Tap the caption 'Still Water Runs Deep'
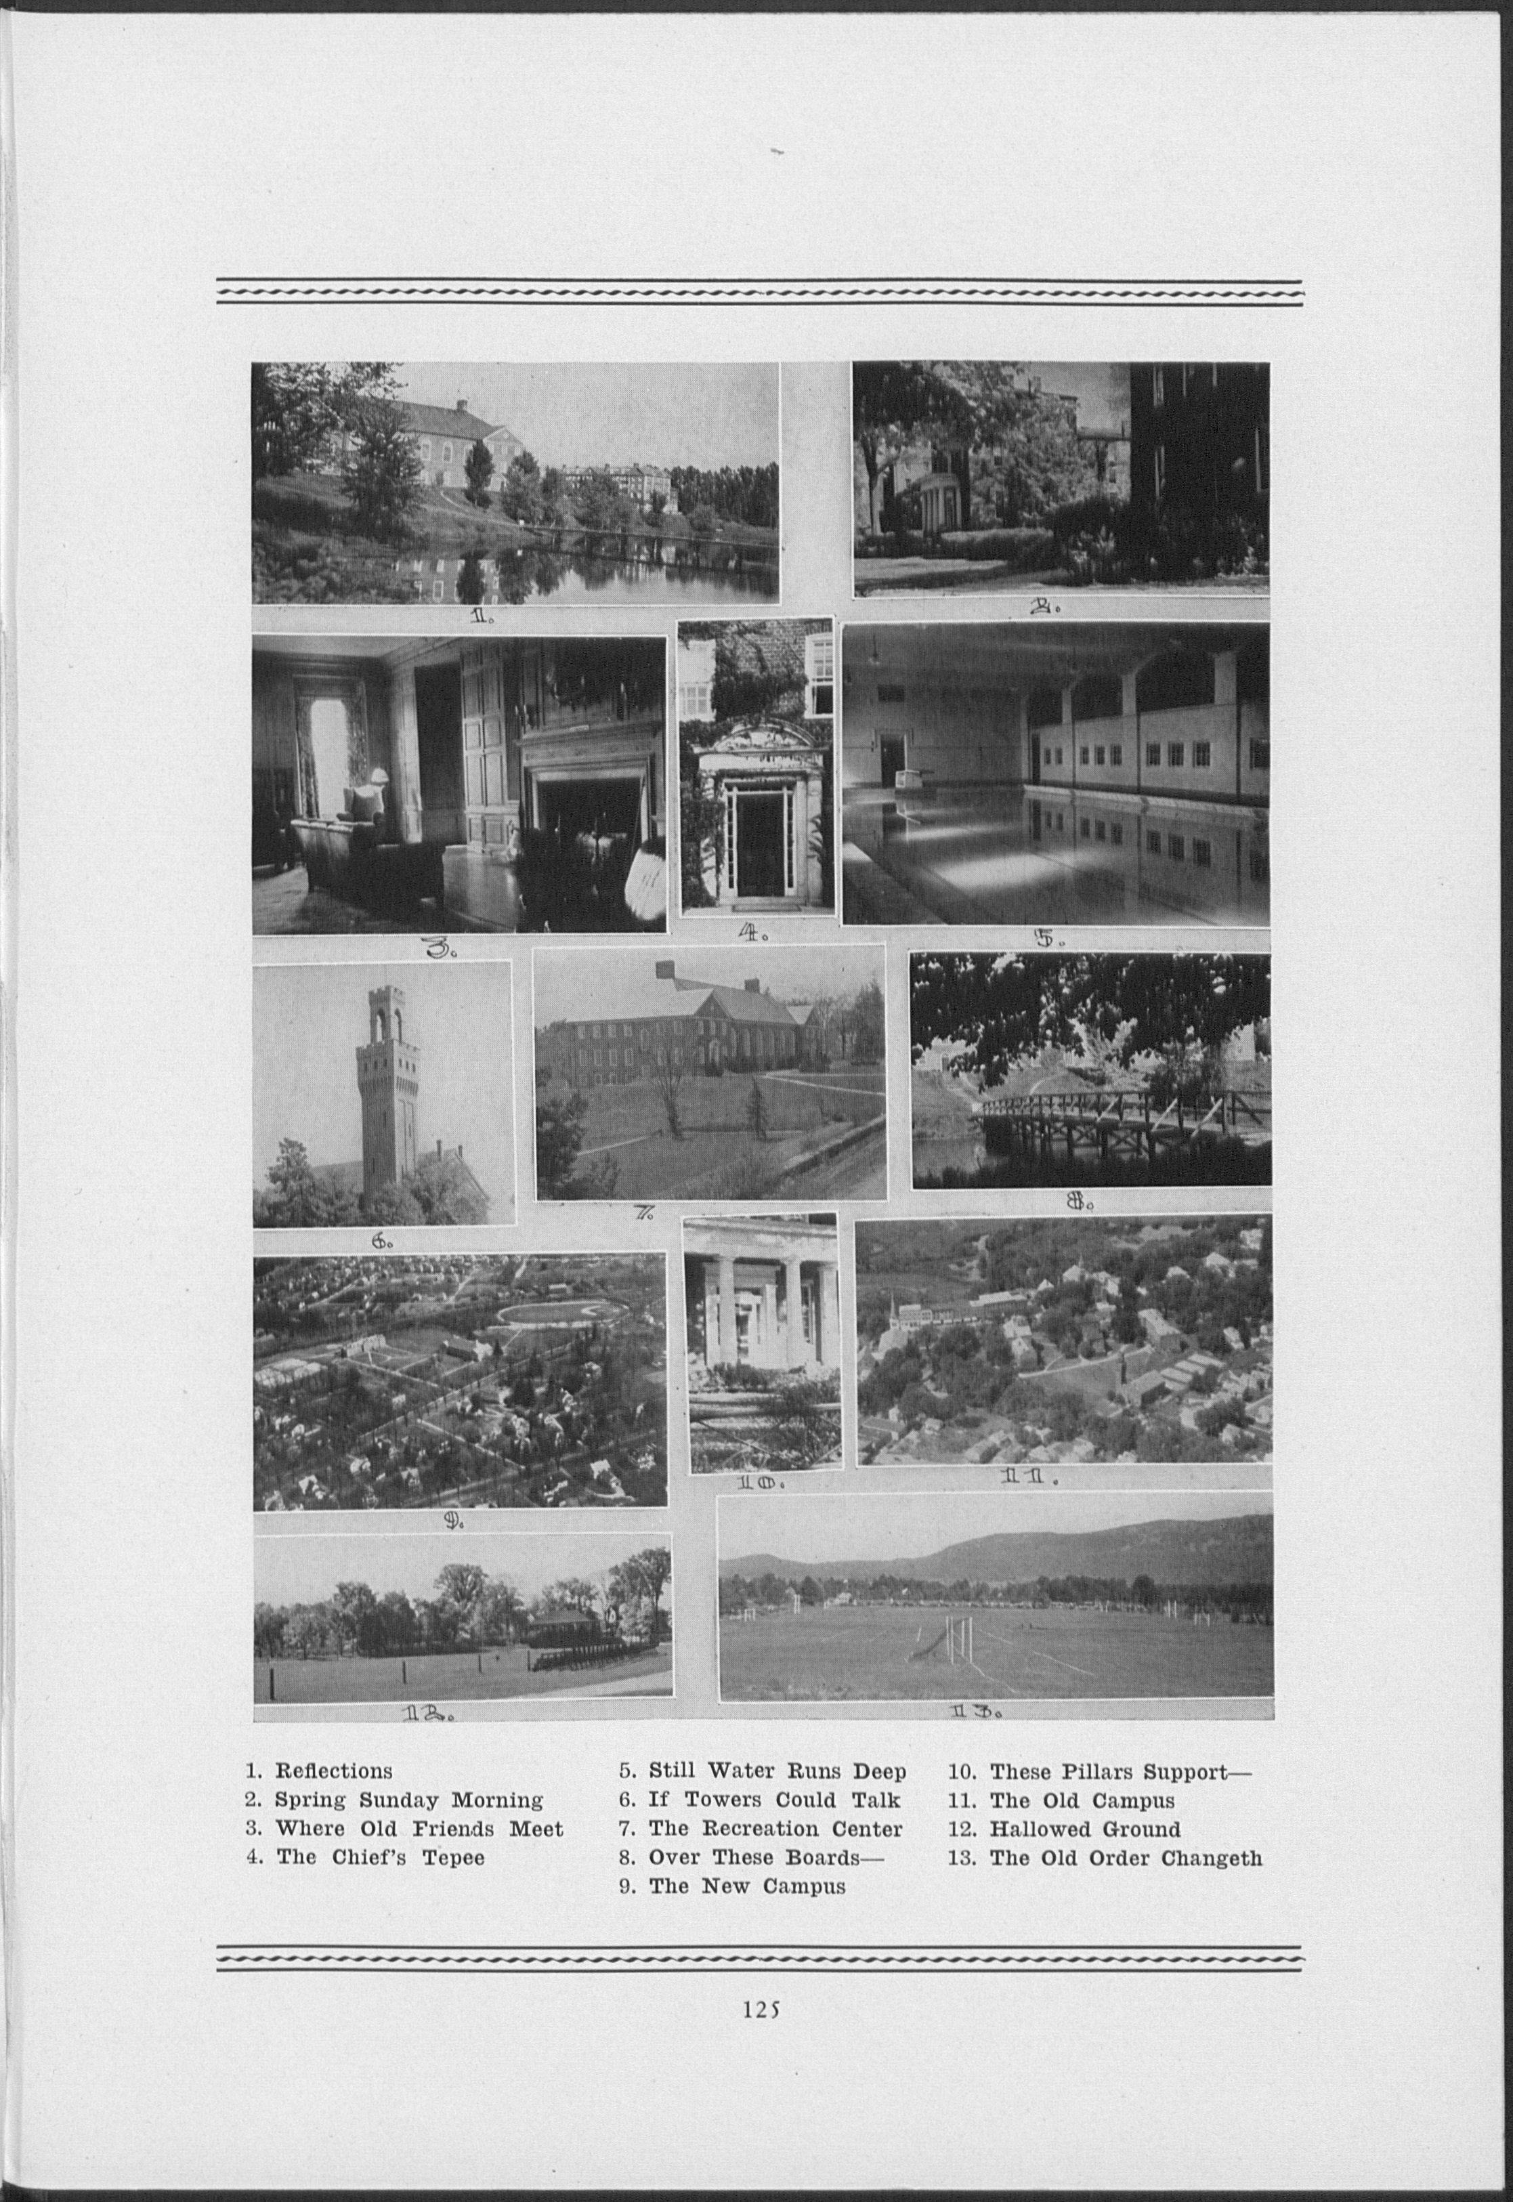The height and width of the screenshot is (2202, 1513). [777, 1771]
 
